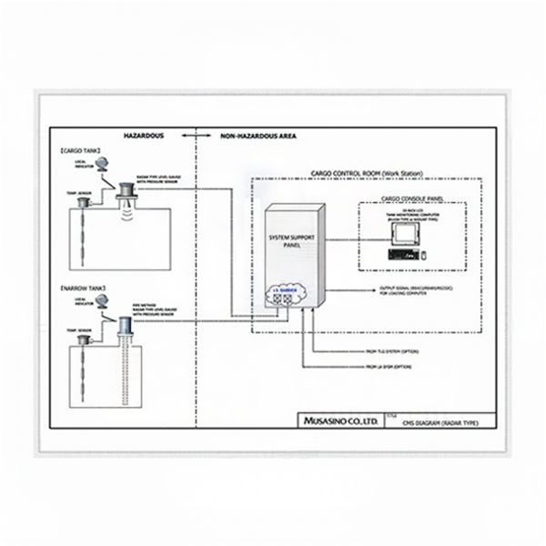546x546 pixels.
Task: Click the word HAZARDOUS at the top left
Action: click(143, 135)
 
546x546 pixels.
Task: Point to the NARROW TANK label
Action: click(83, 288)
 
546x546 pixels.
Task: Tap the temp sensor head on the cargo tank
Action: click(84, 203)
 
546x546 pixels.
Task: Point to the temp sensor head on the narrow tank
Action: click(84, 339)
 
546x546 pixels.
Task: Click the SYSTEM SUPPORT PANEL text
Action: click(289, 240)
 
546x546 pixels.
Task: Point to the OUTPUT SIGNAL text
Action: click(414, 290)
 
